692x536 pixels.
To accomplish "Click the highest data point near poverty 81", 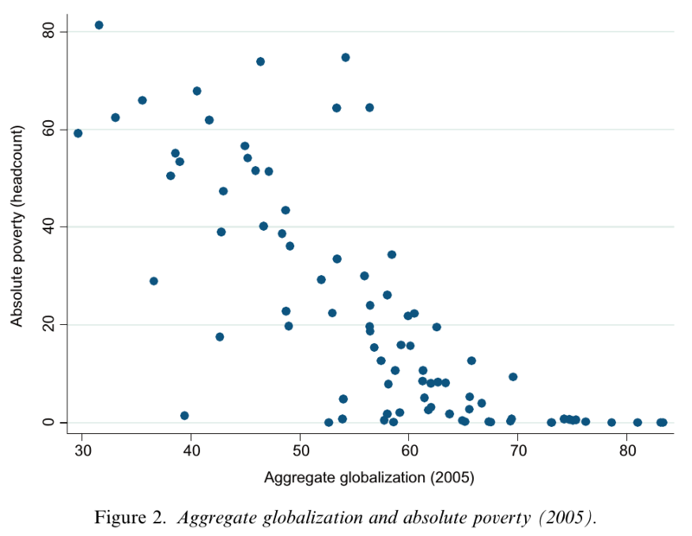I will tap(99, 25).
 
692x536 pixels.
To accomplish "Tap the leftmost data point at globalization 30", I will tap(78, 133).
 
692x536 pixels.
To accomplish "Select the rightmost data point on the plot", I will tap(663, 423).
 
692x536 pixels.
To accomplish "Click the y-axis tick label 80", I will tap(48, 31).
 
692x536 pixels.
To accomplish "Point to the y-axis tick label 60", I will tap(48, 129).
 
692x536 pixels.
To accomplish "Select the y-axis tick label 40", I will tap(48, 227).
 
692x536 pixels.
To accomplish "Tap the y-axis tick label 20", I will tap(48, 324).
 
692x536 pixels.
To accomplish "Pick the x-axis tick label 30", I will tap(82, 450).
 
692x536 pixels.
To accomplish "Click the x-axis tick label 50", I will tap(300, 450).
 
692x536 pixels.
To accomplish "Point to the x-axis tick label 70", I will tap(518, 450).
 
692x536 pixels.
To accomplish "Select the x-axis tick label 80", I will tap(627, 450).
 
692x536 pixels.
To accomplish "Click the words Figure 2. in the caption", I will tap(133, 519).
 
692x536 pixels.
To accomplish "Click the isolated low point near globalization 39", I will tap(184, 416).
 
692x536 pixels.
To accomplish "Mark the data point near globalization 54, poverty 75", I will tap(345, 57).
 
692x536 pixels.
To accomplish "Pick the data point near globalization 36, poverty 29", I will tap(154, 281).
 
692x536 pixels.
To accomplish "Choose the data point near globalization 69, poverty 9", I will tap(513, 377).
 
